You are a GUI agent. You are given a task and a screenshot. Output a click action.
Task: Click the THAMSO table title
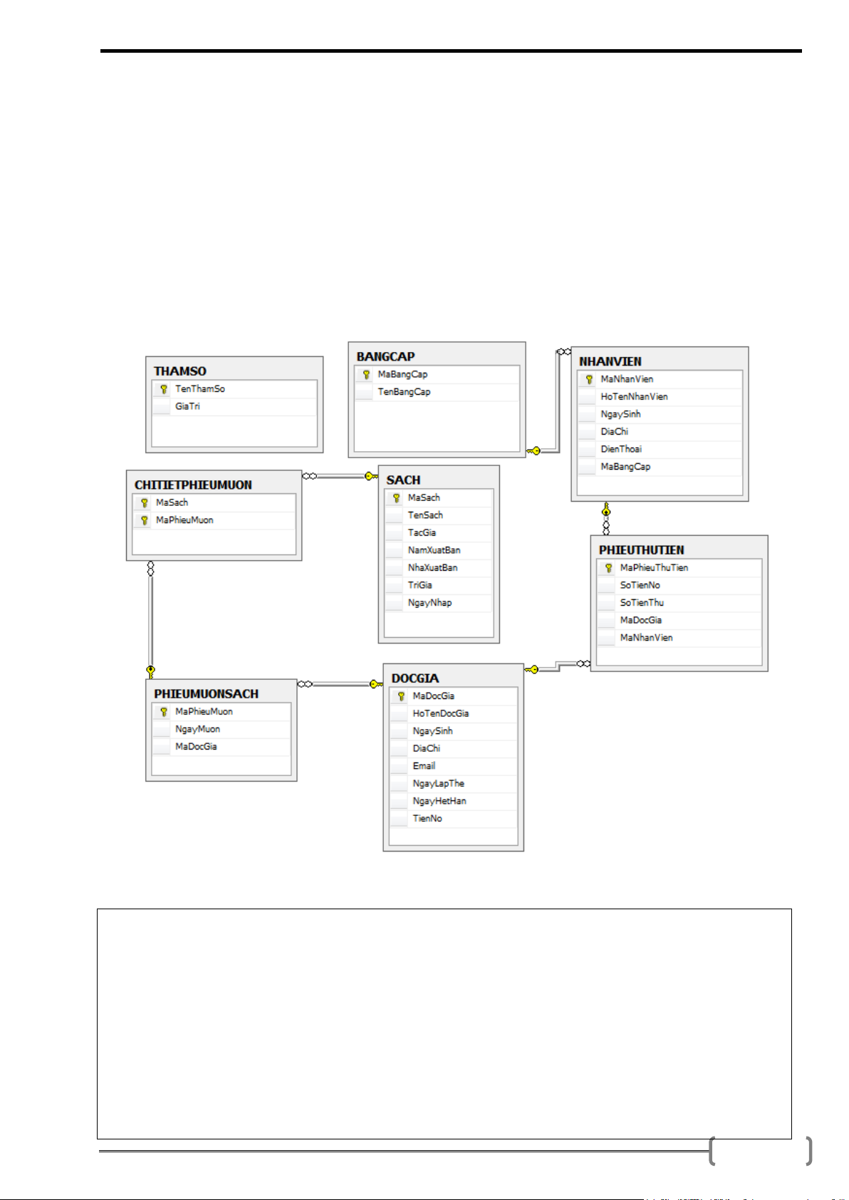(x=180, y=371)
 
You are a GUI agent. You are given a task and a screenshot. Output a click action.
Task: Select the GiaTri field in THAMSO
(x=187, y=406)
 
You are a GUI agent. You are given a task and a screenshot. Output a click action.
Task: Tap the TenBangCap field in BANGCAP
(x=404, y=392)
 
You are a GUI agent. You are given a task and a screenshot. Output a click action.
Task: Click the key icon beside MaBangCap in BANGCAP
(x=366, y=374)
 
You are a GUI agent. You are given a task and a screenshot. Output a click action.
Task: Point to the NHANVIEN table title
(x=610, y=361)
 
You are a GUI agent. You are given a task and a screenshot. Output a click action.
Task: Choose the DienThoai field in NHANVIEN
(x=621, y=449)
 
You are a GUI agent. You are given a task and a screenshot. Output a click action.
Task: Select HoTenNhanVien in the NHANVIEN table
(x=635, y=396)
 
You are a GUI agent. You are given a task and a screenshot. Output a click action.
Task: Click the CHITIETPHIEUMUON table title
(x=193, y=485)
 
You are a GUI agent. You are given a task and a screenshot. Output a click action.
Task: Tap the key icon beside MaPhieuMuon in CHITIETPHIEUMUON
(x=144, y=520)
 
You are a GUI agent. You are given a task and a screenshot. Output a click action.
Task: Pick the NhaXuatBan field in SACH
(x=432, y=567)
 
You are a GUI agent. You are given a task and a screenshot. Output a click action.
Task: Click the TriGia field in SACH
(x=420, y=585)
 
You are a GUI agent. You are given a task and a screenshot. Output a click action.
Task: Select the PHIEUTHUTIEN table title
(x=641, y=550)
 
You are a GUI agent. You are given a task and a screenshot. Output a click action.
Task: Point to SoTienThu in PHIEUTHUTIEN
(x=642, y=603)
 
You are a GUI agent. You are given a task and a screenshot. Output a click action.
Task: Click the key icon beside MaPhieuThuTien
(x=609, y=568)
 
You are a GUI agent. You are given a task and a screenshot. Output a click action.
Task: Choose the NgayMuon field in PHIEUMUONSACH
(x=197, y=729)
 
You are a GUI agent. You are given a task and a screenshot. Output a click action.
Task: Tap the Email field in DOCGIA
(x=424, y=766)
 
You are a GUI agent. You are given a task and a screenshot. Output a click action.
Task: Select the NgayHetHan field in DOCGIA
(x=439, y=801)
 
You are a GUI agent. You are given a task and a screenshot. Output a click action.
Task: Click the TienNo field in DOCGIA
(x=427, y=819)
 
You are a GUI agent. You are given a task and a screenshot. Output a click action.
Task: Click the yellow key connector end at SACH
(x=372, y=476)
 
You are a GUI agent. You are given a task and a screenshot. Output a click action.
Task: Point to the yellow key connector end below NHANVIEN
(x=606, y=509)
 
